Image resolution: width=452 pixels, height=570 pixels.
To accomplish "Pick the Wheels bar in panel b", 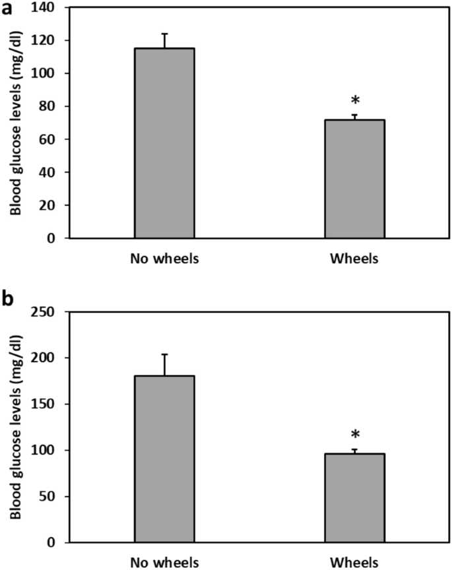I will pos(354,498).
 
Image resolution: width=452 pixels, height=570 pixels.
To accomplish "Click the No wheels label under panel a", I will pos(164,258).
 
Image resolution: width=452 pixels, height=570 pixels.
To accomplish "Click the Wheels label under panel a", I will pos(354,258).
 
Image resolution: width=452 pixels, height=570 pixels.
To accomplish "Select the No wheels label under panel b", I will pos(164,563).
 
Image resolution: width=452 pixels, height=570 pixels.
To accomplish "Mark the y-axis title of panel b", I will pos(14,427).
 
